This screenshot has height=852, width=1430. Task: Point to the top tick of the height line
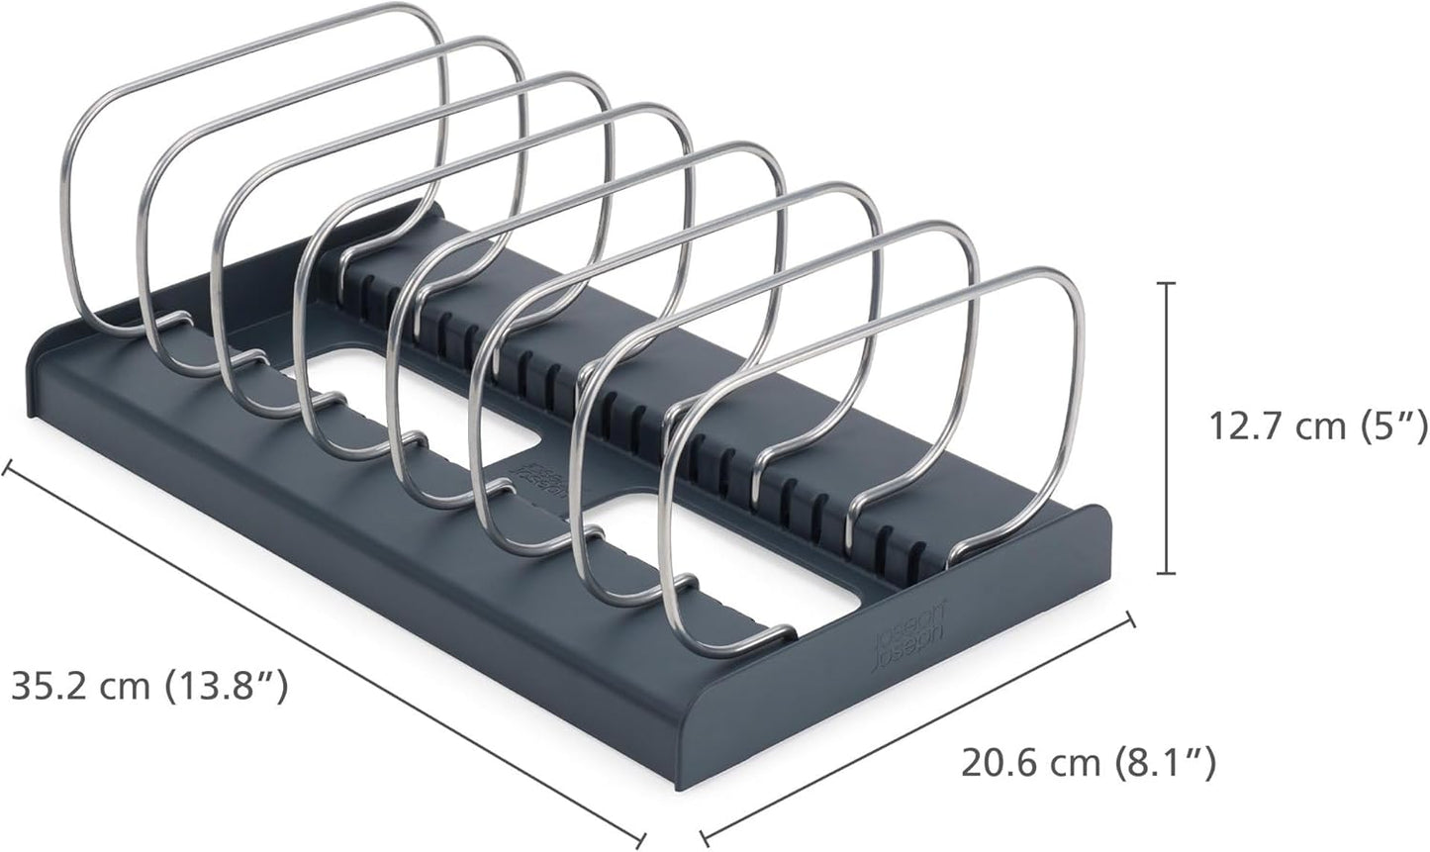pos(1170,284)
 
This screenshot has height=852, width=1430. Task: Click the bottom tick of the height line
pos(1170,573)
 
